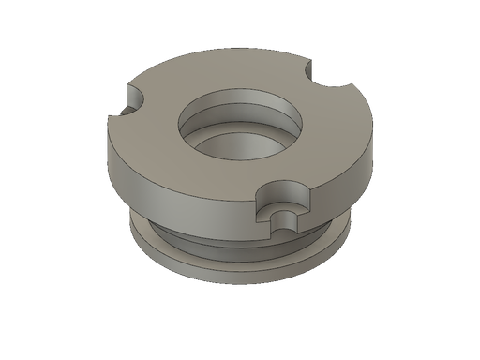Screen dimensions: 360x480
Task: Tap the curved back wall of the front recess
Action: pos(280,192)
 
